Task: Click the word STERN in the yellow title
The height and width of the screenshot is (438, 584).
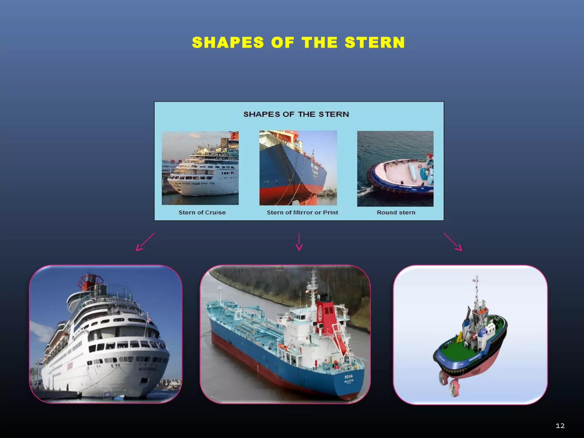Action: (x=375, y=43)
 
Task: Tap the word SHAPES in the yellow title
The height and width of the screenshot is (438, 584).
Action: (x=228, y=43)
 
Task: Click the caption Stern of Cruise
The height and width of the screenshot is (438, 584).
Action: (x=202, y=212)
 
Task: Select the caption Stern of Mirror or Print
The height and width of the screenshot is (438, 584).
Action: (x=302, y=212)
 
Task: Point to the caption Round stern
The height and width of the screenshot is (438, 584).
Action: (x=396, y=212)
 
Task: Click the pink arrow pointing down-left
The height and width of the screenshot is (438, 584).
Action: (x=145, y=242)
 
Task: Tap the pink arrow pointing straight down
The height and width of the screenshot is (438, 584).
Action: (x=299, y=242)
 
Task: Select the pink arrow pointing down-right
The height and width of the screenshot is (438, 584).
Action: (x=453, y=242)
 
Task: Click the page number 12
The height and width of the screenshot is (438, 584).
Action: (x=560, y=426)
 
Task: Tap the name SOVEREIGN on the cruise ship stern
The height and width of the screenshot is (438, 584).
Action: (x=147, y=369)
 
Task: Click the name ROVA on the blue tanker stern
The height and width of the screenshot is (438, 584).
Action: (x=348, y=377)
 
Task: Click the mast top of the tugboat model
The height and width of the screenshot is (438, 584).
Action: (x=476, y=278)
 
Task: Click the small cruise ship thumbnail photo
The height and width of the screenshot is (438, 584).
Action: (x=200, y=168)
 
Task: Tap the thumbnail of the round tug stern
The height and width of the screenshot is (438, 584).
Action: (x=395, y=169)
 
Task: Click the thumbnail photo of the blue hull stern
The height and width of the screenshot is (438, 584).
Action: (x=298, y=168)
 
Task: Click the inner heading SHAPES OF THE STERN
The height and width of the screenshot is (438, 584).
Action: (x=296, y=114)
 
